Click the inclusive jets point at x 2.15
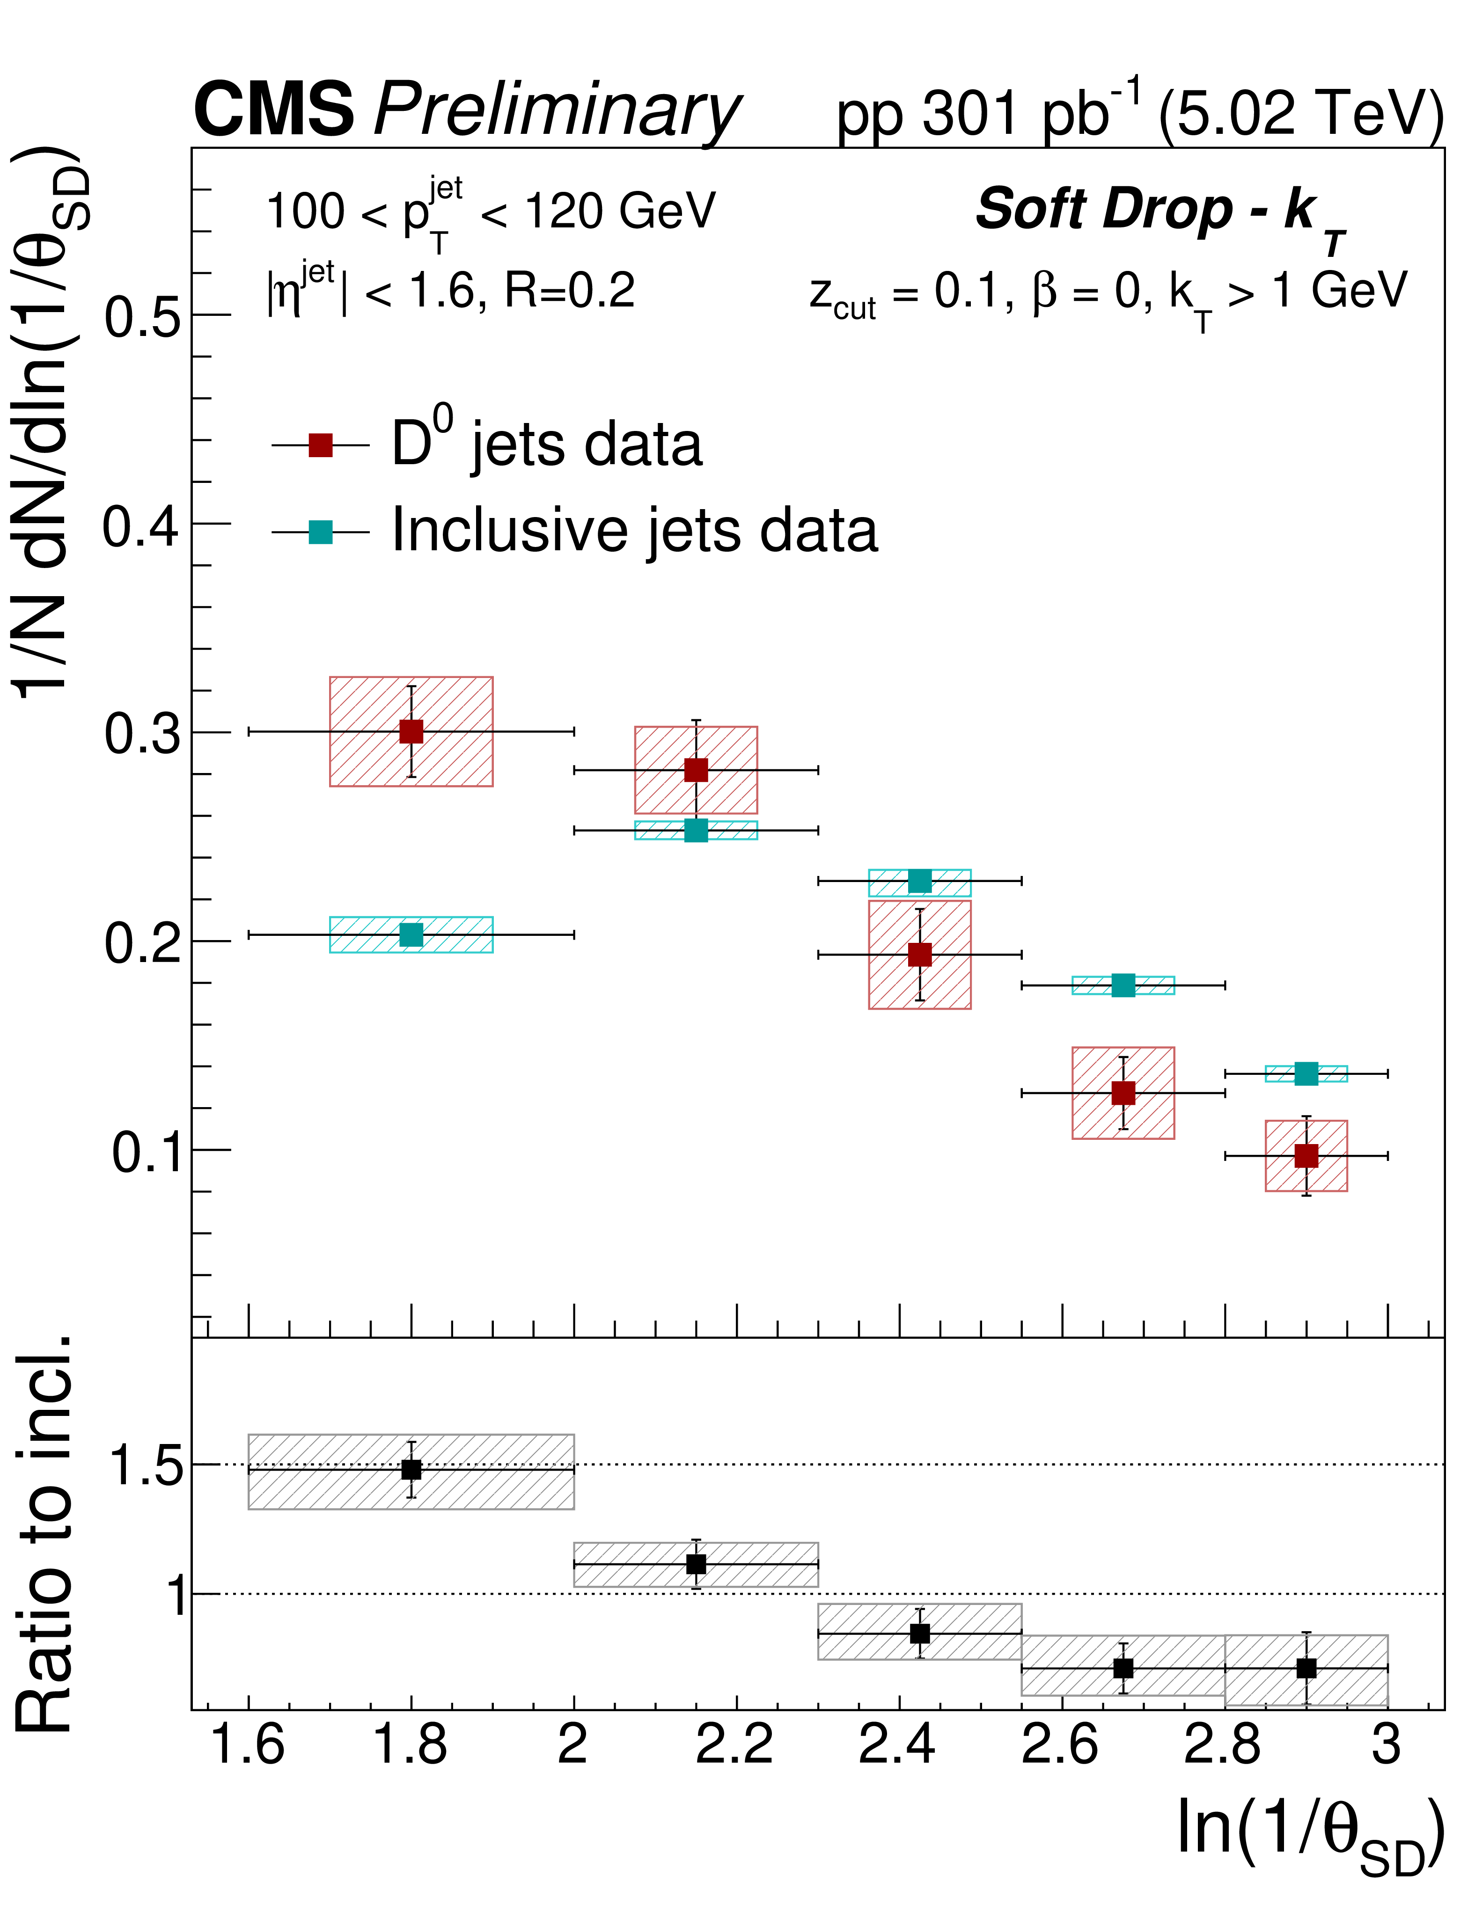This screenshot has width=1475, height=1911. click(696, 830)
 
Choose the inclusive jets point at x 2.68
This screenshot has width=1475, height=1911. click(1123, 985)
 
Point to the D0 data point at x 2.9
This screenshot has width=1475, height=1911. click(1306, 1156)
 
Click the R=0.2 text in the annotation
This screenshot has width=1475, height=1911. click(569, 292)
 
